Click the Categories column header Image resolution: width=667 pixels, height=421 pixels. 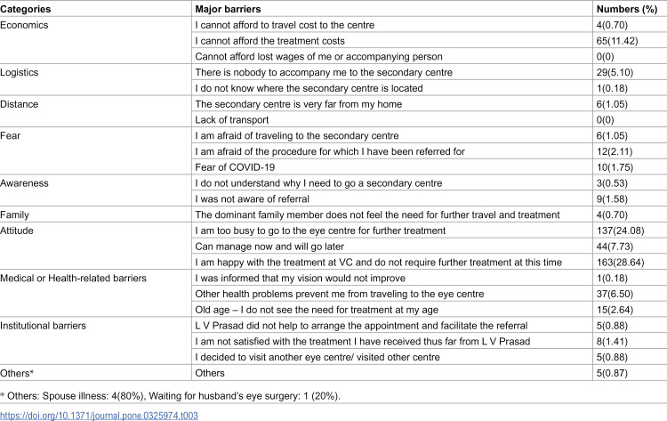[32, 9]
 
